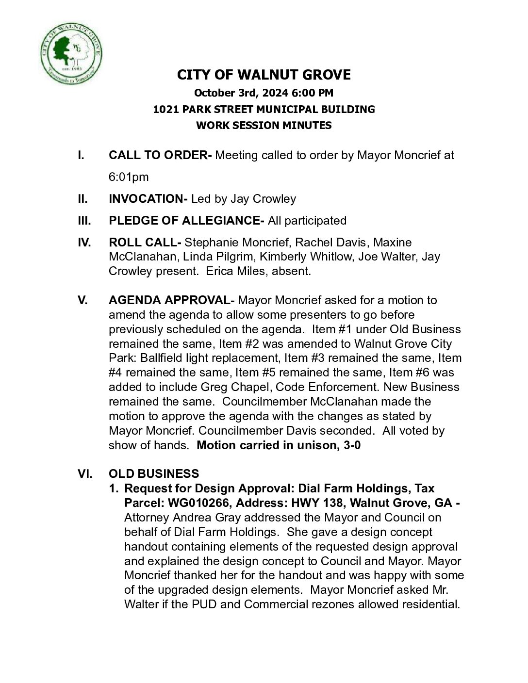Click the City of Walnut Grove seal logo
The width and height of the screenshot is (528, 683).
71,53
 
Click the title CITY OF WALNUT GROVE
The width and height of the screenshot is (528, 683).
264,75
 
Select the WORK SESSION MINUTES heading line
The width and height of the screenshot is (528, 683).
264,125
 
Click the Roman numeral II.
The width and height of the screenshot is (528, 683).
82,199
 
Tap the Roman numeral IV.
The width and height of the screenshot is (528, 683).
84,243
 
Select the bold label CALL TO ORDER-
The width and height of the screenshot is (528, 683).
160,155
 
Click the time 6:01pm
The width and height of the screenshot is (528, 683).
129,177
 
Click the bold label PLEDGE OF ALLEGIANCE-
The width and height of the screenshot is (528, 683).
186,221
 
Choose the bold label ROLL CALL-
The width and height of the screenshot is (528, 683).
145,243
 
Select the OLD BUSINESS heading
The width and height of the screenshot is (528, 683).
154,474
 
